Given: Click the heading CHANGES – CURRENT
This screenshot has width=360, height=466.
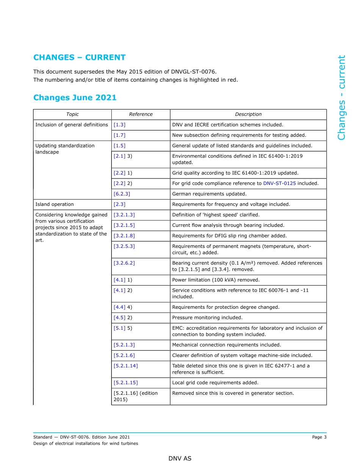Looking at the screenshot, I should click(79, 58).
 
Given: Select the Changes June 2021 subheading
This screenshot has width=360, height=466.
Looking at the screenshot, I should click(75, 98).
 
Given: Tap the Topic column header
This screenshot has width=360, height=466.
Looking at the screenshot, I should click(72, 114).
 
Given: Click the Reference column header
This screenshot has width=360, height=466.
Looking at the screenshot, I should click(141, 114).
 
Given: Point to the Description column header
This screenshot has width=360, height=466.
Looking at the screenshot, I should click(248, 114).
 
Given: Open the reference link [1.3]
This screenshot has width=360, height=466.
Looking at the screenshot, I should click(119, 125).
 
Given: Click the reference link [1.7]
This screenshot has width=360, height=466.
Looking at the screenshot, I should click(119, 135).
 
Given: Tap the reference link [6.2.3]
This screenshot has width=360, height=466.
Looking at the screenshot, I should click(122, 194).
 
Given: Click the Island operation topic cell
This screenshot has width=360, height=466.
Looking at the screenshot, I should click(55, 205).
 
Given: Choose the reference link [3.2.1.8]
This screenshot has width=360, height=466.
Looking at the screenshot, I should click(124, 236).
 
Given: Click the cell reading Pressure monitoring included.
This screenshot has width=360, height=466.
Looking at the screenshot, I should click(207, 318).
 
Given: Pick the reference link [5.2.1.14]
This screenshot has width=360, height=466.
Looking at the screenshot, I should click(125, 366).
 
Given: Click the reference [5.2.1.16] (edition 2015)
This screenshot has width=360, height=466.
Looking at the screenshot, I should click(135, 396).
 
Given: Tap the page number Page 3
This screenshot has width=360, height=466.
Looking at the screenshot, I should click(319, 437).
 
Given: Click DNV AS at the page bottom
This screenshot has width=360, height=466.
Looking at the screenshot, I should click(180, 459).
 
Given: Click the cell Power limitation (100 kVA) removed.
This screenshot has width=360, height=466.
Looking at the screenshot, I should click(216, 280).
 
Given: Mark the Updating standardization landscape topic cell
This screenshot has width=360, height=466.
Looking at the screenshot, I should click(65, 149).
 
